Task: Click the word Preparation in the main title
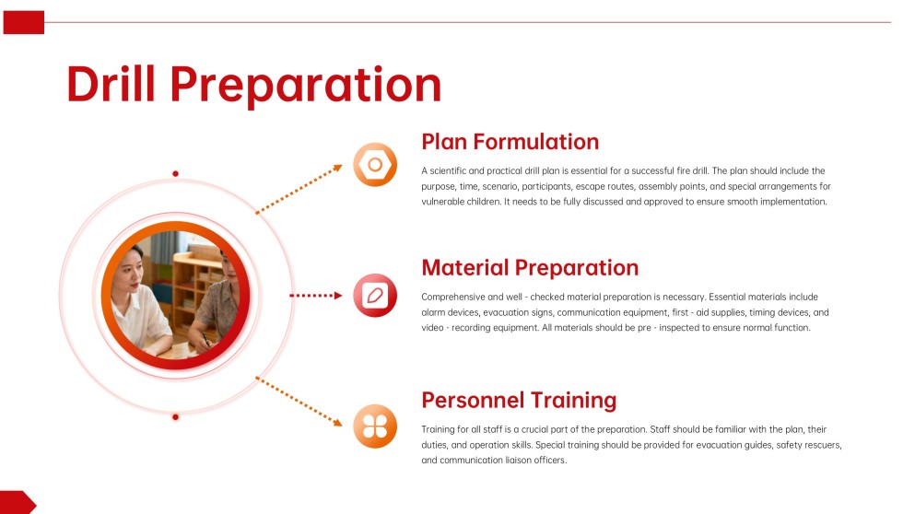[x=306, y=84]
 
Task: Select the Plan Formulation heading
[x=510, y=142]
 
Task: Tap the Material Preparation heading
[x=530, y=268]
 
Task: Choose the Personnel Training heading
[x=519, y=400]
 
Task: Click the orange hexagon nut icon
[x=375, y=166]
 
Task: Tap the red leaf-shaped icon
[x=375, y=296]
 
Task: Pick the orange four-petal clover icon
[x=375, y=426]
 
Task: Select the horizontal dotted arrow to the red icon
[x=316, y=296]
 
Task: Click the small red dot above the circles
[x=175, y=173]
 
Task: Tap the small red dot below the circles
[x=175, y=417]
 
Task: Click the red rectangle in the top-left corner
[x=23, y=22]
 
